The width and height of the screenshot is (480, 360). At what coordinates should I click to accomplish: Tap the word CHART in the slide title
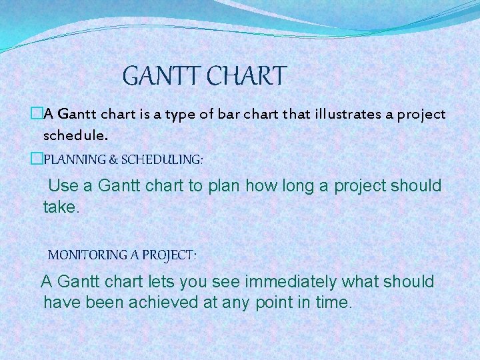246,76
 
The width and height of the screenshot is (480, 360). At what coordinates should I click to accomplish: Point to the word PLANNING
73,160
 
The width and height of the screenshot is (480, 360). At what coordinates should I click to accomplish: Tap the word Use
64,185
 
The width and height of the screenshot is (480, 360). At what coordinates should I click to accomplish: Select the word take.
61,207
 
